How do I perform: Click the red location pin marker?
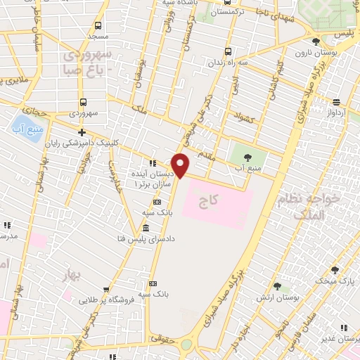point(181,165)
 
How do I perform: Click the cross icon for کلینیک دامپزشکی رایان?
point(82,132)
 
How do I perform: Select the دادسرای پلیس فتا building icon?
point(145,229)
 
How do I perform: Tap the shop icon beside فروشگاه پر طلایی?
point(106,288)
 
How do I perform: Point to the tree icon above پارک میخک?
point(334,269)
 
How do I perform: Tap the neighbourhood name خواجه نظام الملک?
point(319,208)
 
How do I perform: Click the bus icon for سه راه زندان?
point(227,51)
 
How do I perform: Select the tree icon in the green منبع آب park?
point(248,155)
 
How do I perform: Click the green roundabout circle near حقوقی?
point(186,345)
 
